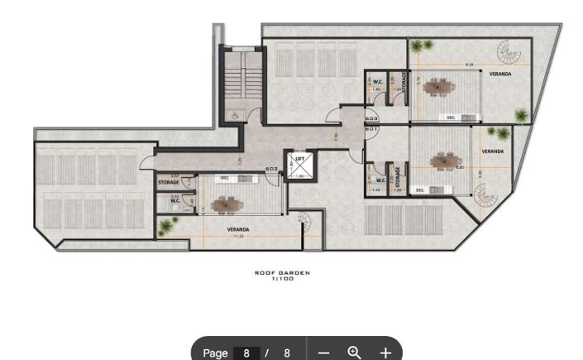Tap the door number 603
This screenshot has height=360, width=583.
[371, 118]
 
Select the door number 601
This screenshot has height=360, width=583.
[371, 130]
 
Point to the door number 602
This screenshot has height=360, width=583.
[271, 169]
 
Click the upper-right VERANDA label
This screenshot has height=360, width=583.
[499, 74]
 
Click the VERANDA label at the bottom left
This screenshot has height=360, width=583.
[238, 229]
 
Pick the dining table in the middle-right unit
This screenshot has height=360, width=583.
[446, 160]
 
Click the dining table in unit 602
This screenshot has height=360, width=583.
[227, 203]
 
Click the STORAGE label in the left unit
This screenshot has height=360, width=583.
[169, 182]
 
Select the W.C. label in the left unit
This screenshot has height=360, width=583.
[175, 200]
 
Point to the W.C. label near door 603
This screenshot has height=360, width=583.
[377, 81]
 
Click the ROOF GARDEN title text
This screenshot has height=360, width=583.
[282, 273]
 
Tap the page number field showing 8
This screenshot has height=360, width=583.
[246, 353]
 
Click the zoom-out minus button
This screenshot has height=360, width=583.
[323, 353]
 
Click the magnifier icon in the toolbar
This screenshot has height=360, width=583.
[354, 353]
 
